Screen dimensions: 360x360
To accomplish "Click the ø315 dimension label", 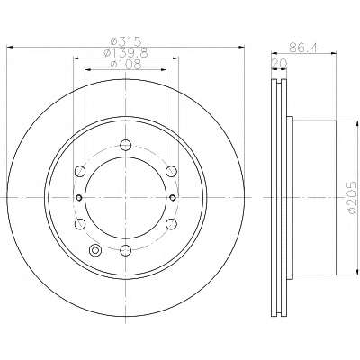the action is click(x=125, y=41).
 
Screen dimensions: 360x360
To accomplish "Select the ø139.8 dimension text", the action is click(x=125, y=53).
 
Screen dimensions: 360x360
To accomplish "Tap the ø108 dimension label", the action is click(x=125, y=64).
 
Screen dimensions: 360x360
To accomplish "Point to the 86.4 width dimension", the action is click(x=303, y=48).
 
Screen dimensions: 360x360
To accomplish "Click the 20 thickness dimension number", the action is click(x=279, y=63).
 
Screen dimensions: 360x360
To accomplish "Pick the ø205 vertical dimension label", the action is click(x=353, y=197).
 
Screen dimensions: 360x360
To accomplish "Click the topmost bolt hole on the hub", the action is click(x=125, y=146).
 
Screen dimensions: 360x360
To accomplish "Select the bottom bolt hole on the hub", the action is click(x=125, y=250).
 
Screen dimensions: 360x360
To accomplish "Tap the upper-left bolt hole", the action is click(x=80, y=171).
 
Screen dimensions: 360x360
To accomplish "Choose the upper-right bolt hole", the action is click(x=171, y=171).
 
